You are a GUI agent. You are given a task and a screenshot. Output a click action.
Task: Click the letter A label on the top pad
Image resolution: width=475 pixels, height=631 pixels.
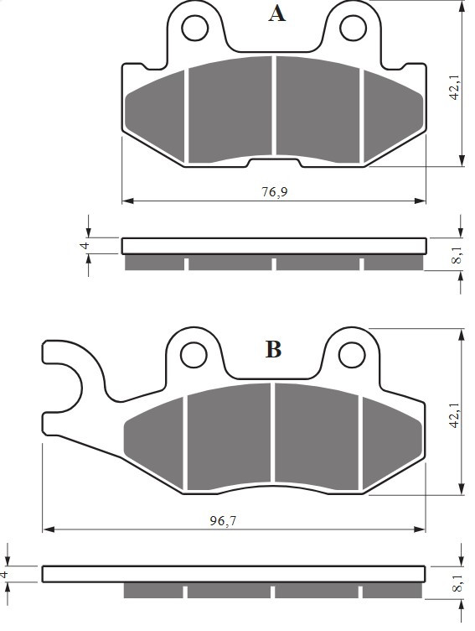276,14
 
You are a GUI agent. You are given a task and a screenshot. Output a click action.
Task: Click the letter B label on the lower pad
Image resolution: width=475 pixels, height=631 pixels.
273,349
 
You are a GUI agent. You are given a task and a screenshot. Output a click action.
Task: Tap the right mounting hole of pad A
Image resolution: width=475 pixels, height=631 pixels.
350,29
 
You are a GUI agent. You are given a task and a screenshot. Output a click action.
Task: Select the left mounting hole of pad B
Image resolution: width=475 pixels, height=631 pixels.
194,354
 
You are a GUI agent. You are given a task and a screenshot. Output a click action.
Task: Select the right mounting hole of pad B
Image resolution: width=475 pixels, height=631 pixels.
350,354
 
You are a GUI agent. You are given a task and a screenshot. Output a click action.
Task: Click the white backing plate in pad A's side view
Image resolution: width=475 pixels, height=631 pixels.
274,246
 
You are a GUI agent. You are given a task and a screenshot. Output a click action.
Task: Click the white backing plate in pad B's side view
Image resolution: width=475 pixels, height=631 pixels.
235,574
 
